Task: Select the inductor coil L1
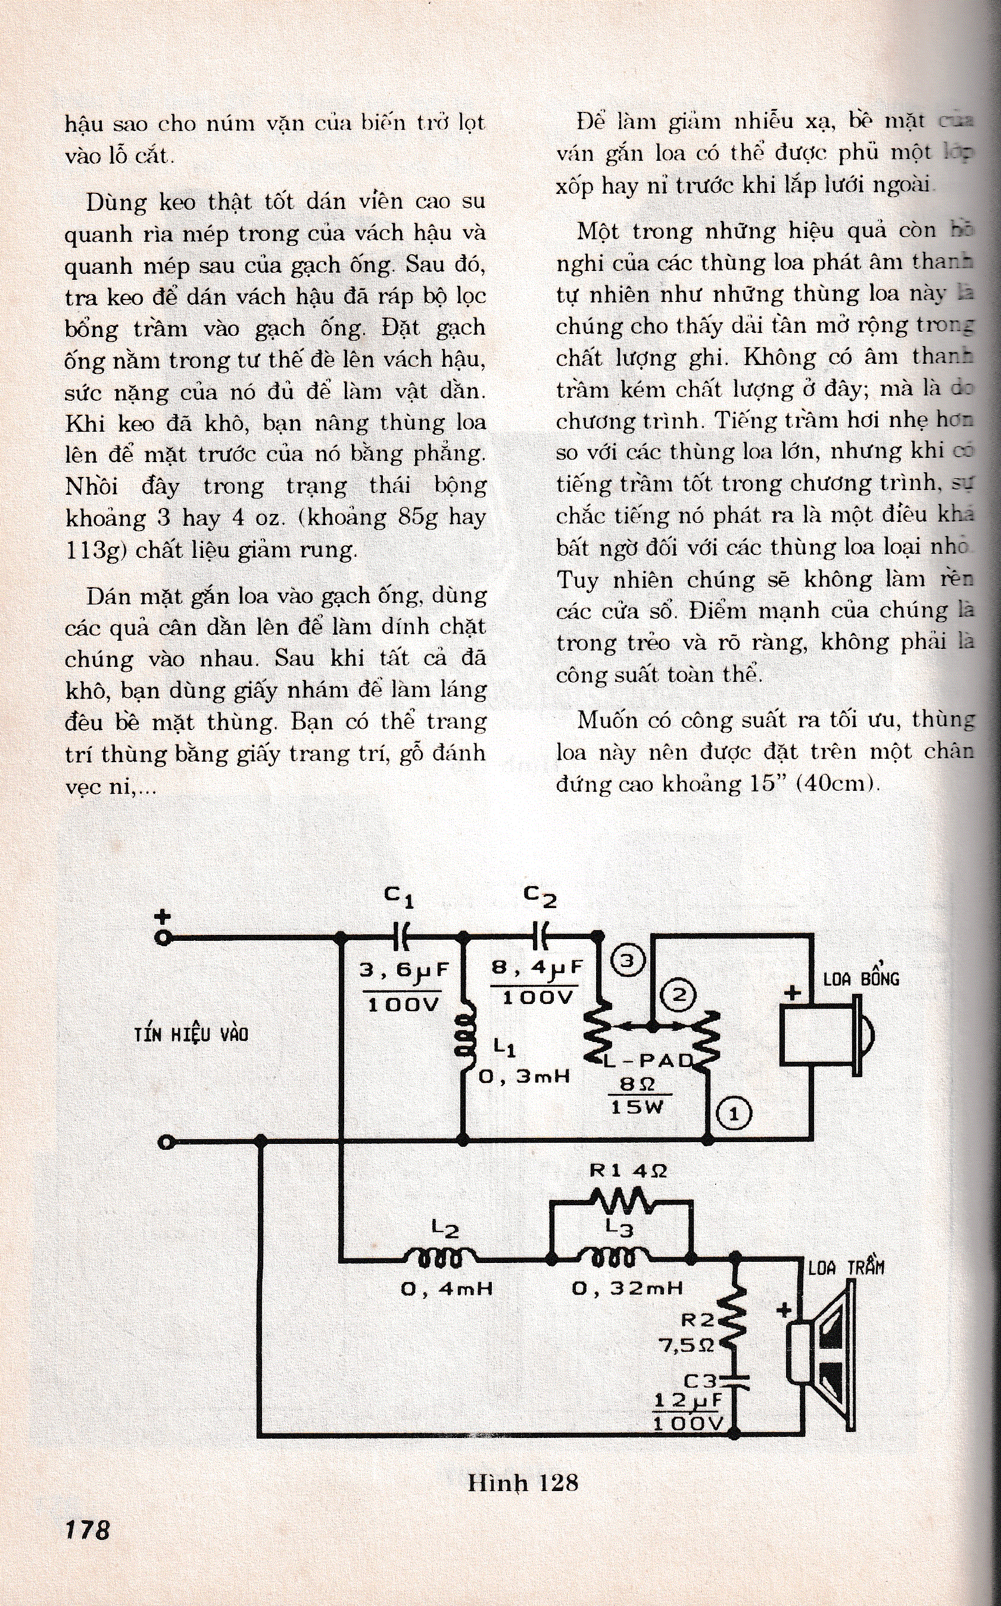click(x=464, y=1041)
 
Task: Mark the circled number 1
click(x=735, y=1114)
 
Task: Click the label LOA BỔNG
click(x=861, y=979)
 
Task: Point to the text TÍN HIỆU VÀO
click(x=191, y=1033)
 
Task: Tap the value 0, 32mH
click(x=627, y=1288)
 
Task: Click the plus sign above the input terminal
click(x=162, y=917)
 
